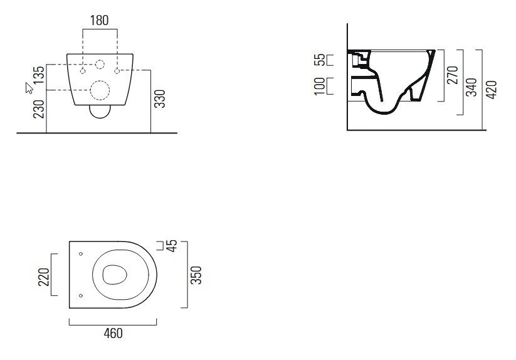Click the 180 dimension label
[x=99, y=20]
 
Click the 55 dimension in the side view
[x=320, y=60]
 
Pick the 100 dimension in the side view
[x=320, y=86]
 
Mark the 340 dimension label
[x=472, y=87]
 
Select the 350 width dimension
[x=196, y=275]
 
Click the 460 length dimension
[x=112, y=333]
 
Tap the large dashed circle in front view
[x=100, y=91]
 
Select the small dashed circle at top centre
[x=100, y=63]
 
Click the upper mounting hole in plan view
[x=82, y=254]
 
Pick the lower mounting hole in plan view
[x=82, y=295]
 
